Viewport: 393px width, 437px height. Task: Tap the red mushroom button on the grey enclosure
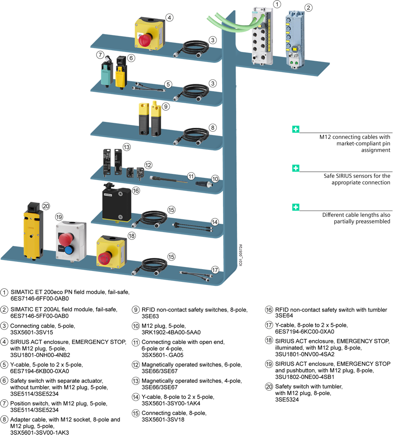[66, 238]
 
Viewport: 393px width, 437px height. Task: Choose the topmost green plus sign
[296, 129]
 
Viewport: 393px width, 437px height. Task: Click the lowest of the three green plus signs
[296, 207]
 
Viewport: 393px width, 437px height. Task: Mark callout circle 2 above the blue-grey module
[309, 7]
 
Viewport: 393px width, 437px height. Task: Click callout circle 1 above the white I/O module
[277, 4]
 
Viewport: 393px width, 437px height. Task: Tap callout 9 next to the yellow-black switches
[165, 106]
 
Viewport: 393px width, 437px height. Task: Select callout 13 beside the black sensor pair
[127, 147]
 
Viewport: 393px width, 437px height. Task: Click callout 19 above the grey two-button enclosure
[59, 217]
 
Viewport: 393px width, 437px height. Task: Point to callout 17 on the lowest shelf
[215, 270]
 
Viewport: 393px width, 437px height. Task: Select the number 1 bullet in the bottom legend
[4, 292]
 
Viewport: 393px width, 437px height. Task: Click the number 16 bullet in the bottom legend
[269, 310]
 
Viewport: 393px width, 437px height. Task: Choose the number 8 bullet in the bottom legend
[4, 419]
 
